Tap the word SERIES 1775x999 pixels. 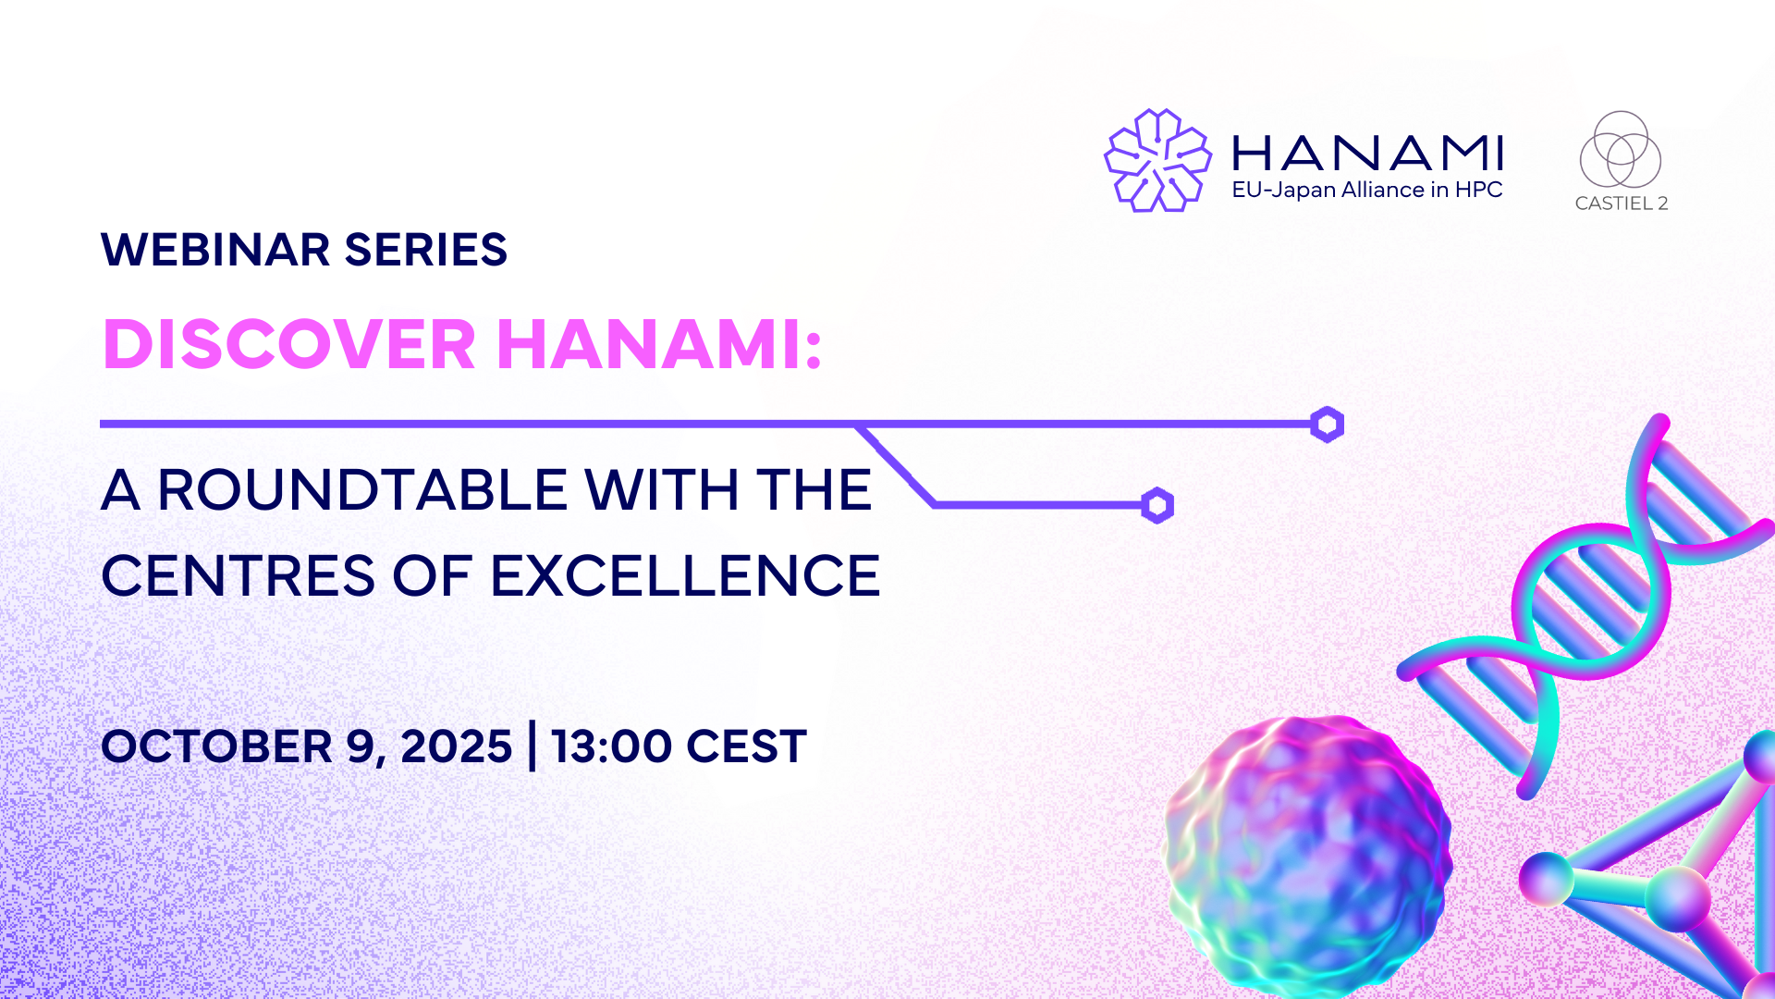click(425, 250)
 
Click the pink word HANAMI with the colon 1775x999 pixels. click(659, 344)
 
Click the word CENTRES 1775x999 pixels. click(239, 575)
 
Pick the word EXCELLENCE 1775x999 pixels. click(685, 575)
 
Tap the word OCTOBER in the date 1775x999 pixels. click(217, 746)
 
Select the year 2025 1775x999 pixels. click(456, 746)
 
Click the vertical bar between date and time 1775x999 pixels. click(532, 746)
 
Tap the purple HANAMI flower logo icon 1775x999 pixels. click(1157, 160)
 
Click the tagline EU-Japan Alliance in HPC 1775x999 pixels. click(1367, 190)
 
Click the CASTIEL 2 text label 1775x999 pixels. click(1622, 203)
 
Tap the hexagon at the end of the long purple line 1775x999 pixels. click(1327, 425)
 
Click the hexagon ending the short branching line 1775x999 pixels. click(1157, 505)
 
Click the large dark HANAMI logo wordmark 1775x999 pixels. click(1367, 154)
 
